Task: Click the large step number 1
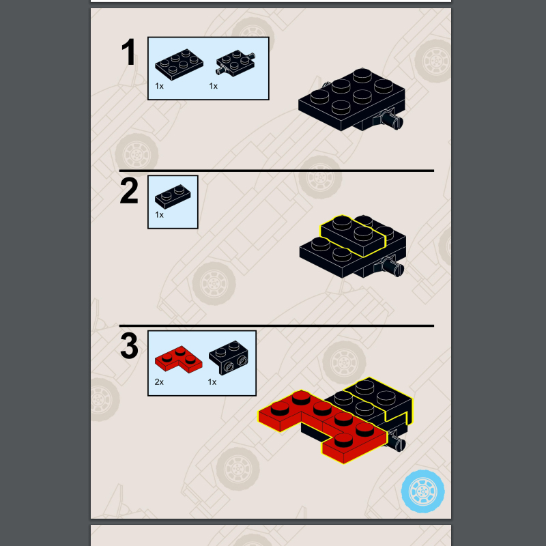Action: (x=129, y=52)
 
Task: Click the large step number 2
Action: (x=129, y=191)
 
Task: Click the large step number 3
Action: (x=129, y=346)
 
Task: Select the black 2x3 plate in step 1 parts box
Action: (x=179, y=64)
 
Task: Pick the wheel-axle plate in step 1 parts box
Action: (x=235, y=62)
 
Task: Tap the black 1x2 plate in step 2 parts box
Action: (x=173, y=197)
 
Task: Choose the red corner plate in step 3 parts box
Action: (x=178, y=360)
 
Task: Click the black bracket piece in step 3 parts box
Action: (x=229, y=358)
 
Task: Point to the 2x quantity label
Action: (x=159, y=382)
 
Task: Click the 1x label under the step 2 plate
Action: (x=159, y=215)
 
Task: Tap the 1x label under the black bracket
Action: (x=212, y=382)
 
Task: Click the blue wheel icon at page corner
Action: (x=422, y=491)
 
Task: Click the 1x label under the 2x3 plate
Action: (x=159, y=86)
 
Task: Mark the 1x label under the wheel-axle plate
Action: (x=213, y=86)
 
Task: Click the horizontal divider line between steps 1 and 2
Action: (x=276, y=171)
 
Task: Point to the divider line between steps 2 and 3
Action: (x=276, y=326)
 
